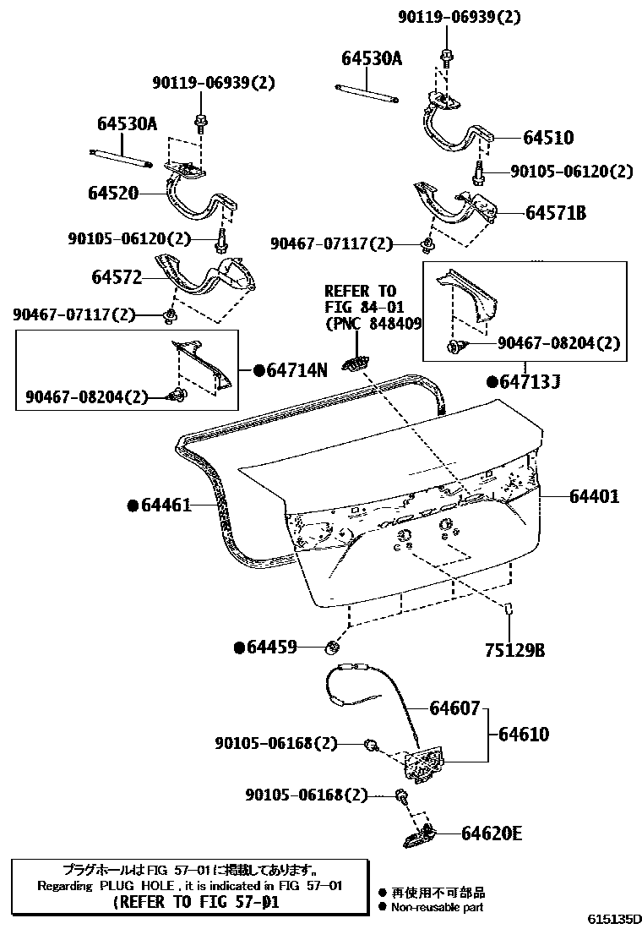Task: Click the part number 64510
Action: [547, 138]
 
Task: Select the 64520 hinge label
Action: [112, 193]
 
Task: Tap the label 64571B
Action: [555, 213]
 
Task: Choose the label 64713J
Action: [529, 382]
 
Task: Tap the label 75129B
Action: [514, 650]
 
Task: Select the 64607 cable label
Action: [454, 708]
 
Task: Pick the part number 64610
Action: [523, 734]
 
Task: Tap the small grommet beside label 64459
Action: [332, 648]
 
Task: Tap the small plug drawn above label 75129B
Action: [510, 609]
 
